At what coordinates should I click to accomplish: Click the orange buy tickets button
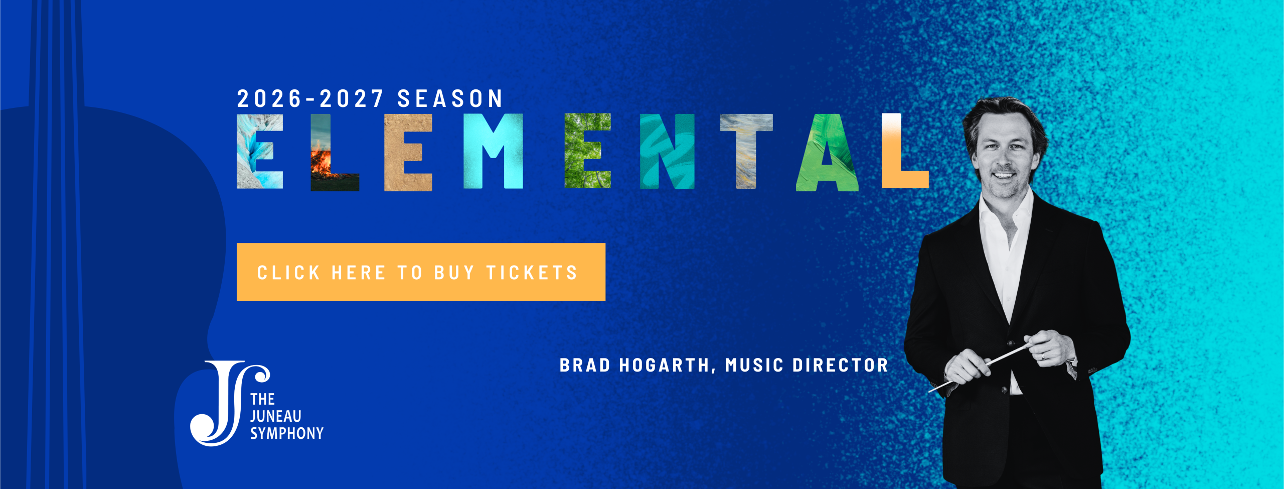(421, 272)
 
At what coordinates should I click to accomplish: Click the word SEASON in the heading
(450, 98)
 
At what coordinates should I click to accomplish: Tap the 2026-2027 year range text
(310, 98)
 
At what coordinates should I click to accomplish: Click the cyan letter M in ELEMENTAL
(493, 151)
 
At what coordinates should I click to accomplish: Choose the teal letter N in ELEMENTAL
(667, 151)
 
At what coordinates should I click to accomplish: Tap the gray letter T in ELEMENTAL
(746, 151)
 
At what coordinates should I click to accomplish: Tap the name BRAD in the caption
(585, 365)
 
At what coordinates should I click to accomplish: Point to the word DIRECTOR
(841, 365)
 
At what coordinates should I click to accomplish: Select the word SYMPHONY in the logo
(287, 433)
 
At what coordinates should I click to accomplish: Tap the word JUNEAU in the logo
(276, 416)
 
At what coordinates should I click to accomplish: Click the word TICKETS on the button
(532, 273)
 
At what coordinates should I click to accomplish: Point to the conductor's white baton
(981, 366)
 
